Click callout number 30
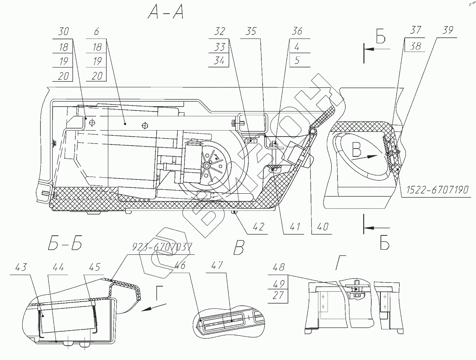click(63, 32)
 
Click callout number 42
click(258, 227)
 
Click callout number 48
click(279, 268)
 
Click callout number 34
click(221, 61)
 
